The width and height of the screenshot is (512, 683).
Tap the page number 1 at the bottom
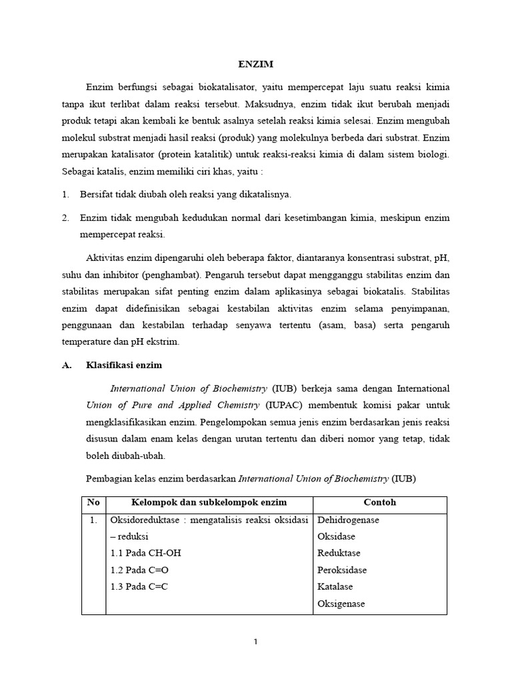256,642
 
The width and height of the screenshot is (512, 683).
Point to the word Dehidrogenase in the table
348,520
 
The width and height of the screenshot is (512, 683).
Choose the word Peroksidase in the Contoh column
343,570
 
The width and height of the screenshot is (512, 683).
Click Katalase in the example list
335,587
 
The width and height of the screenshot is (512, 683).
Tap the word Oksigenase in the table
341,604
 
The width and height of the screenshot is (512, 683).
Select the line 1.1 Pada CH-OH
145,554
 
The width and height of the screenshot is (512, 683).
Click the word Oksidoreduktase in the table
143,520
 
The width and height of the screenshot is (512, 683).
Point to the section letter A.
67,366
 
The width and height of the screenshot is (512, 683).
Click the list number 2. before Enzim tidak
65,217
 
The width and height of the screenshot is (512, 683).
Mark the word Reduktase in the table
339,554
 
